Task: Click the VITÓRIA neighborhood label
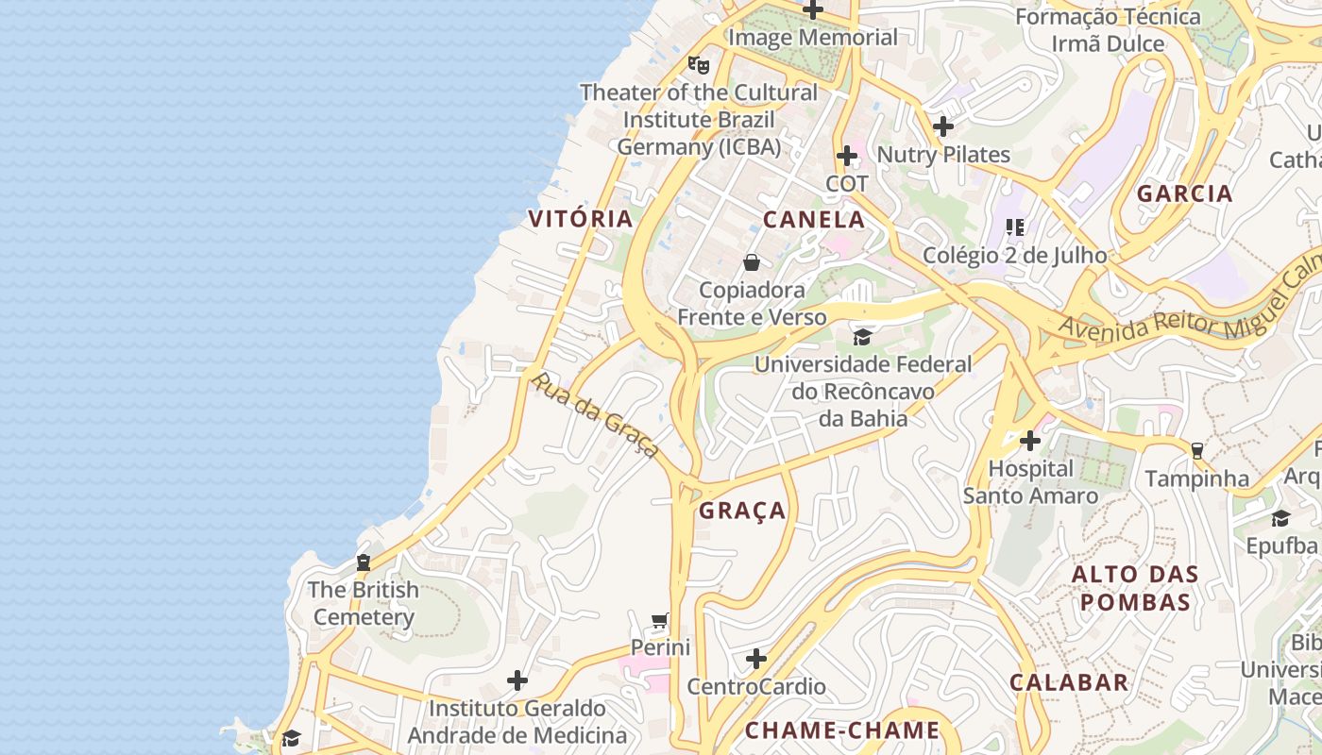(x=580, y=219)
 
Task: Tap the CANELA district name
(x=814, y=220)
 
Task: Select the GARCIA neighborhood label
(x=1184, y=193)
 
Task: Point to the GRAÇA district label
(x=742, y=511)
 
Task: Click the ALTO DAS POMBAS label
(x=1135, y=588)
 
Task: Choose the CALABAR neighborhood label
(x=1069, y=682)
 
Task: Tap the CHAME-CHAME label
(x=842, y=730)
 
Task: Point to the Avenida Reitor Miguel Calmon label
(x=1190, y=302)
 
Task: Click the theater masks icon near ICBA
(x=699, y=65)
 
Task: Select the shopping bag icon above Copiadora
(x=752, y=262)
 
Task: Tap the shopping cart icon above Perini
(x=660, y=621)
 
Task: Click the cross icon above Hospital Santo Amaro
(x=1030, y=441)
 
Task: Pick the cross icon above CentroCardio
(x=756, y=659)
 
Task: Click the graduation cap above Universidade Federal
(x=862, y=337)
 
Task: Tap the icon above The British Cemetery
(x=364, y=562)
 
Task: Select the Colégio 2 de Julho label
(x=1014, y=255)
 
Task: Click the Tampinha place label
(x=1196, y=478)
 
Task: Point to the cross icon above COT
(x=847, y=156)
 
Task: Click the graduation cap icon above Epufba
(x=1280, y=518)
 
